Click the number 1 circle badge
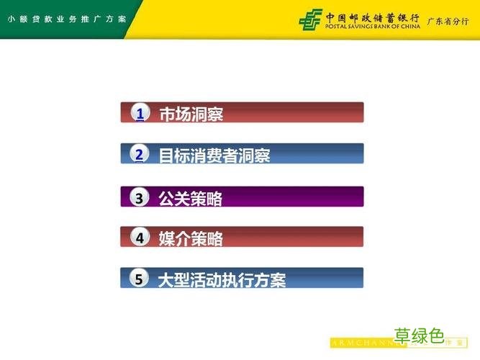pyautogui.click(x=140, y=113)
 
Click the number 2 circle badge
pyautogui.click(x=140, y=154)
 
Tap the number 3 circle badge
pyautogui.click(x=140, y=197)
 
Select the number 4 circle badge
pyautogui.click(x=140, y=238)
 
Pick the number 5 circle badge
pyautogui.click(x=140, y=279)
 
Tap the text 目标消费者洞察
pyautogui.click(x=214, y=156)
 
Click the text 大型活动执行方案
pyautogui.click(x=222, y=280)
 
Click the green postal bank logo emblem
pyautogui.click(x=310, y=19)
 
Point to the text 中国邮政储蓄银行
pyautogui.click(x=372, y=16)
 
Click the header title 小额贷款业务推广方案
pyautogui.click(x=67, y=19)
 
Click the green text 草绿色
pyautogui.click(x=420, y=336)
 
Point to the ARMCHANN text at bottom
pyautogui.click(x=360, y=343)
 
